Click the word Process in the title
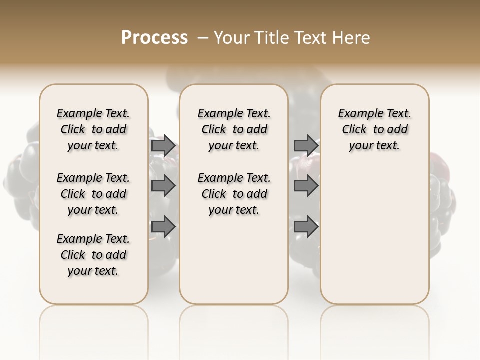(x=154, y=37)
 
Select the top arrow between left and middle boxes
(x=163, y=145)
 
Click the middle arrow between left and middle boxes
(x=163, y=186)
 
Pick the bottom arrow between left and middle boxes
(x=163, y=227)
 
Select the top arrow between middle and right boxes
(x=306, y=145)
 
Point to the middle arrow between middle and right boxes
(x=306, y=186)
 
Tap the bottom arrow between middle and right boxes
(x=306, y=227)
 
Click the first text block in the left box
(x=93, y=129)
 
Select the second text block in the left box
(x=93, y=194)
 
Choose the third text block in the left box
(x=93, y=255)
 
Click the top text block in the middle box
(x=234, y=129)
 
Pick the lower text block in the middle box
(x=234, y=194)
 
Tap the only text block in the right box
(x=374, y=129)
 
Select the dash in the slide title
(x=202, y=37)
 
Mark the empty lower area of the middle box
(x=234, y=260)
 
